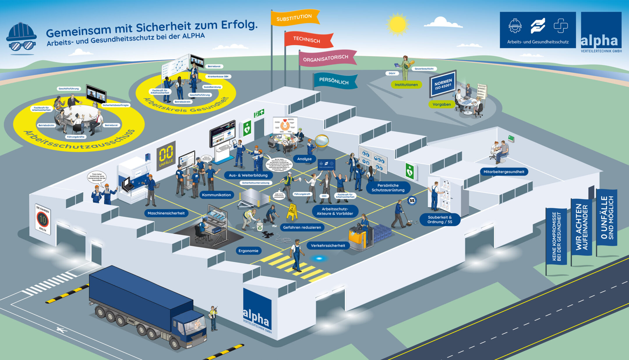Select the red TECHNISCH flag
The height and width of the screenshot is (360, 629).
(x=308, y=40)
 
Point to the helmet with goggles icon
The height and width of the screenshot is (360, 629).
(x=21, y=38)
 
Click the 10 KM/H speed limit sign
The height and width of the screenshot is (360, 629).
(x=43, y=219)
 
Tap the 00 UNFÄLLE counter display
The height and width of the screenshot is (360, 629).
(x=166, y=156)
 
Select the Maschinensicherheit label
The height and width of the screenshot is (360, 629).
(x=166, y=213)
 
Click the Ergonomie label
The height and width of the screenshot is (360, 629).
(x=248, y=251)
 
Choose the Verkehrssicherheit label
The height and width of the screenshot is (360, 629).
(x=328, y=246)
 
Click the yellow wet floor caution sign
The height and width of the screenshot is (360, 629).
(x=291, y=212)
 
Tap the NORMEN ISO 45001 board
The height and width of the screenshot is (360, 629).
(x=443, y=84)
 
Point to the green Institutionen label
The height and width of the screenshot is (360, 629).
(x=406, y=85)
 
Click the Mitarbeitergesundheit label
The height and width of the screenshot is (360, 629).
(x=504, y=172)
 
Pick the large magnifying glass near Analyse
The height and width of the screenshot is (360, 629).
(x=322, y=141)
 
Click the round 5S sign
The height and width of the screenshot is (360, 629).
(x=412, y=201)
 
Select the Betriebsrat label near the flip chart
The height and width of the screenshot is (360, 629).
(x=214, y=66)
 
